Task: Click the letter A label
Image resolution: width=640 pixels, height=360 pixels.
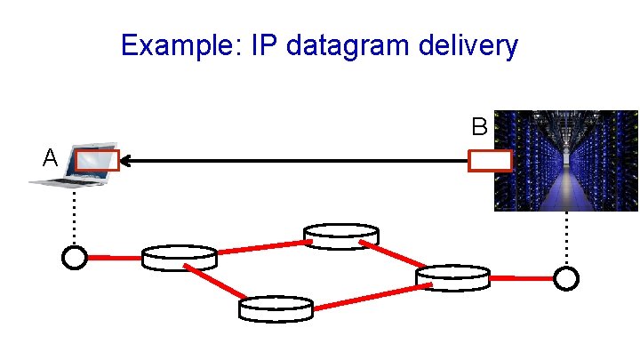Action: pyautogui.click(x=51, y=158)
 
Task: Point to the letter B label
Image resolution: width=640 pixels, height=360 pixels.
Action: pyautogui.click(x=479, y=126)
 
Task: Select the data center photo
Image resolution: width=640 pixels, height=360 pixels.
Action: pyautogui.click(x=566, y=160)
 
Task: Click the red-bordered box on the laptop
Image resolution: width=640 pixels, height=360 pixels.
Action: pyautogui.click(x=97, y=160)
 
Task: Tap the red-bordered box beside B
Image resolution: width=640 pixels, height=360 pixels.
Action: pyautogui.click(x=490, y=161)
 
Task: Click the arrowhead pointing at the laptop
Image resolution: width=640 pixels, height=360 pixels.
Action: pyautogui.click(x=126, y=161)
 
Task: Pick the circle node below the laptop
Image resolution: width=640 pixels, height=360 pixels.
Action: pyautogui.click(x=76, y=258)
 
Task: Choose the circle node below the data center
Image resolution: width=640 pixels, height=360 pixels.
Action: pyautogui.click(x=565, y=278)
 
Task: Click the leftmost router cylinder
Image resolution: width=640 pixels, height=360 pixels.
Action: pyautogui.click(x=180, y=258)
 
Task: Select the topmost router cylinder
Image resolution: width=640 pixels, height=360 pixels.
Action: pyautogui.click(x=341, y=236)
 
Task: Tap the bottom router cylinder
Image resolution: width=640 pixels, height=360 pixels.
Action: pyautogui.click(x=276, y=308)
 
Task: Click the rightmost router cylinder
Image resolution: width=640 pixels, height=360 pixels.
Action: pyautogui.click(x=453, y=277)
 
